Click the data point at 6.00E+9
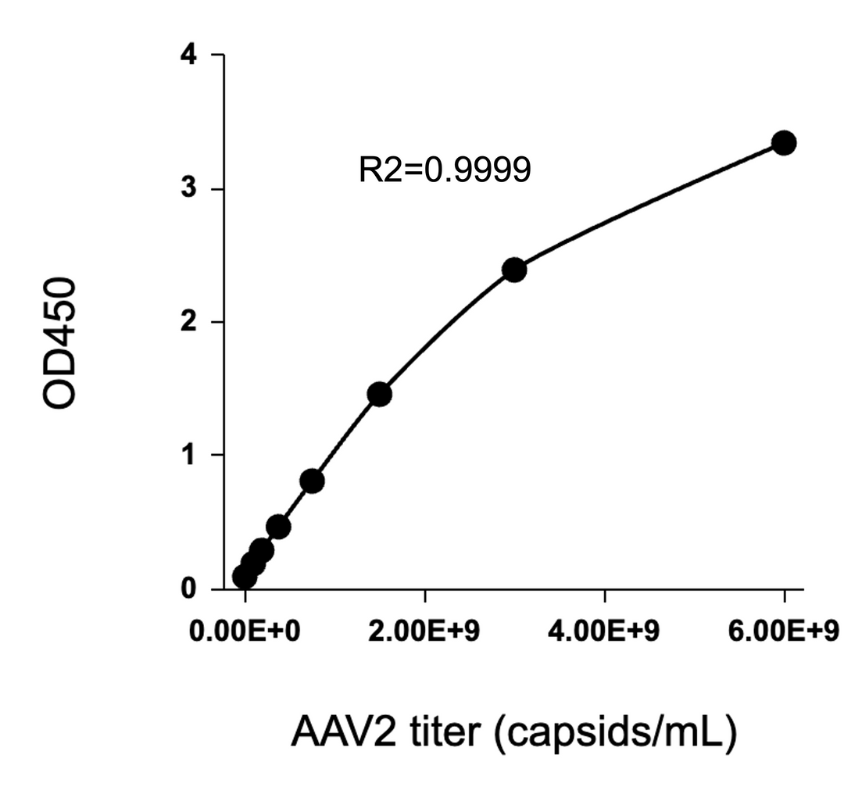point(783,143)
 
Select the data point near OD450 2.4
point(514,270)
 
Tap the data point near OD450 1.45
point(379,395)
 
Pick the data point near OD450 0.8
point(312,481)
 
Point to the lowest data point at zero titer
point(245,578)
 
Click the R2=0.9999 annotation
point(445,170)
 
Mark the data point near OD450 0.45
point(278,527)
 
